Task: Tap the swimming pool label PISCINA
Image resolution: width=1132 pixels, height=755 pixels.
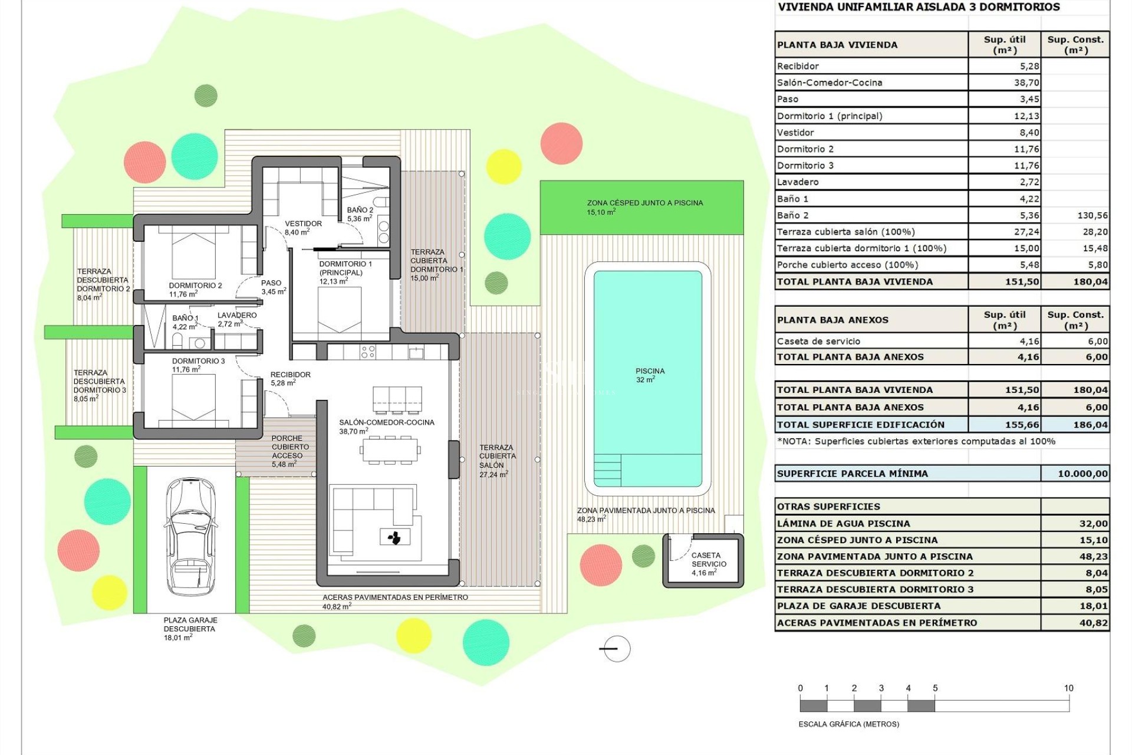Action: pos(650,372)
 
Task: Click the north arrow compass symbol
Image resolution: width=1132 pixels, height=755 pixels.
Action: pos(617,649)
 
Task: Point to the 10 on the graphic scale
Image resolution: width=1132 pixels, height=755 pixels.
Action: pos(1068,688)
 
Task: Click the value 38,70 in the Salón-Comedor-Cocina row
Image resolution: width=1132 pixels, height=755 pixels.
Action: pos(1026,83)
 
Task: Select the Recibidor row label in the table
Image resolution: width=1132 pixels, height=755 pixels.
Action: pos(798,66)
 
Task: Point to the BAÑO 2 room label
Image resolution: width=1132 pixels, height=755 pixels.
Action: pos(360,210)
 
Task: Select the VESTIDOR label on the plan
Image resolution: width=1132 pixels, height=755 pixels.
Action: pos(303,224)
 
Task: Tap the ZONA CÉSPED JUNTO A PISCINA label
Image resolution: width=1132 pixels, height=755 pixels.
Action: pos(644,203)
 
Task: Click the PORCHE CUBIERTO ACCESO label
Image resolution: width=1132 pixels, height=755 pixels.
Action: pos(287,447)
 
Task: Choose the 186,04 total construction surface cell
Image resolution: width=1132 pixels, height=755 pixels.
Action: pos(1091,425)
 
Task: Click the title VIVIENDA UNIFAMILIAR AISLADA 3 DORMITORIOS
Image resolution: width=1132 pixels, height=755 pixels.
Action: pos(919,8)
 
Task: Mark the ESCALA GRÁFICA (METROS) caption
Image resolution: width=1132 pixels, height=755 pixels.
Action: pos(848,724)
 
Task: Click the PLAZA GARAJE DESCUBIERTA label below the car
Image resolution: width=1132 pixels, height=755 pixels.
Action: pos(190,625)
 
